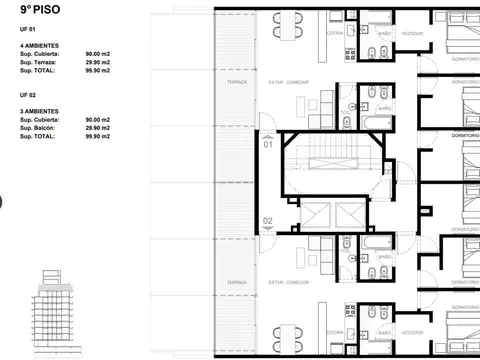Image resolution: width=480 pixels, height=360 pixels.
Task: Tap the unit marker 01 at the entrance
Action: coord(268,145)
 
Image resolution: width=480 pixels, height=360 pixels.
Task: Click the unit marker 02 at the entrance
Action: coord(268,221)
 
